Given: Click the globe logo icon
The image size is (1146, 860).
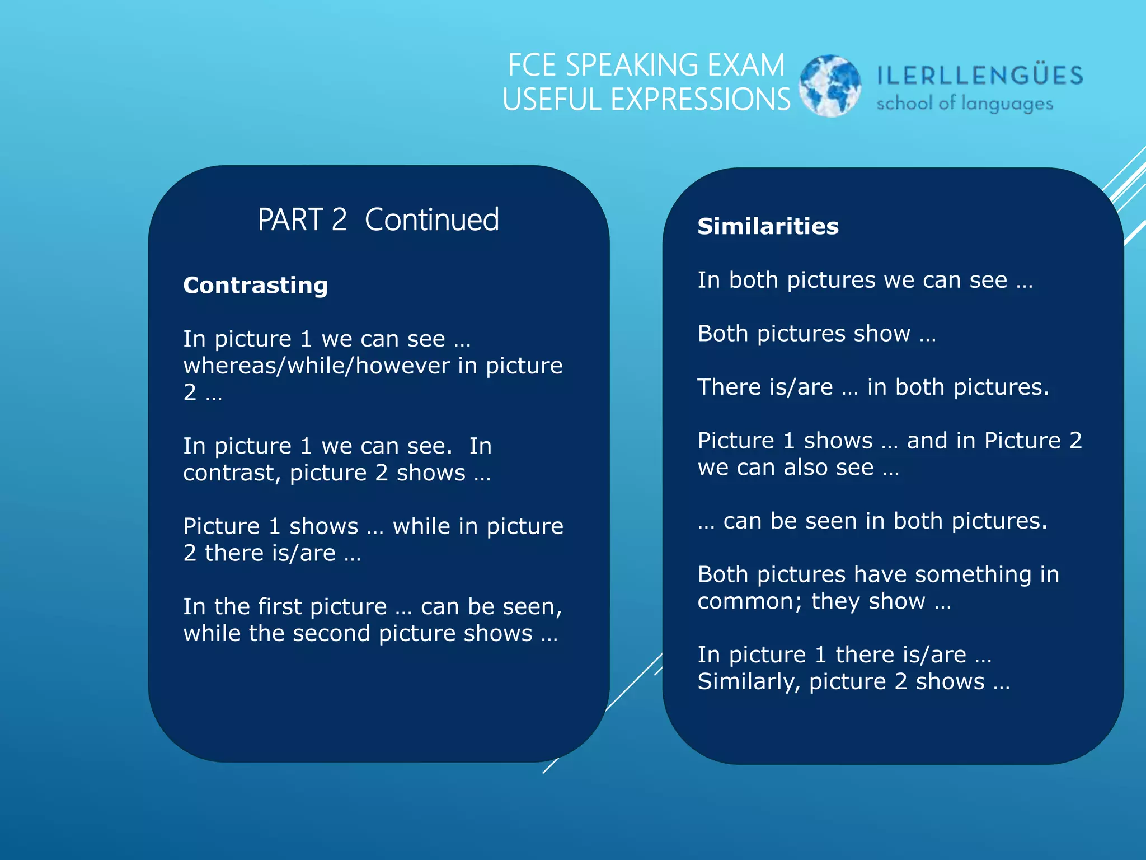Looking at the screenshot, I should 829,86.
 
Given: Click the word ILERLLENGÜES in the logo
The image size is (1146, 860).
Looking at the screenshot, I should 980,76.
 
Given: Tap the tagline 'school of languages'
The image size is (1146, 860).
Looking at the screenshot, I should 964,104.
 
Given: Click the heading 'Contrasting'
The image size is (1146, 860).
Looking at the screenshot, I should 255,285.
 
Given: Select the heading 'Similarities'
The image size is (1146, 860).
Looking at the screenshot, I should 768,226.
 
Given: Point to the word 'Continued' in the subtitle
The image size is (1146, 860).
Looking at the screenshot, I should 431,219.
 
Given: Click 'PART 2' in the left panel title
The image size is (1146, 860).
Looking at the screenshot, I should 302,219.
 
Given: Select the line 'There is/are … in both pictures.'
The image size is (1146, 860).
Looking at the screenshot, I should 873,387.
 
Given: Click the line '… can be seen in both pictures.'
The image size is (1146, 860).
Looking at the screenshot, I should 872,521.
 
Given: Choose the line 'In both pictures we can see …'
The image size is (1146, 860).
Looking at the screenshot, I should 865,280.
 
